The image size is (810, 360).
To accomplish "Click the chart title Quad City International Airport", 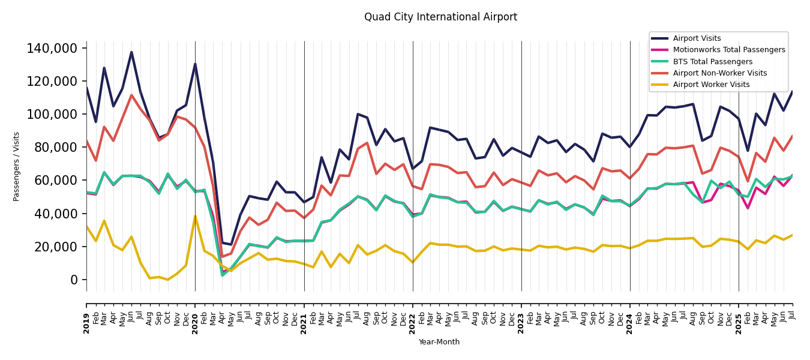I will point(440,17).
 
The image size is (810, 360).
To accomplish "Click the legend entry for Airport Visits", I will point(697,38).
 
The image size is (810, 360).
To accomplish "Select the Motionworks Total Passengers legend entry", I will point(728,50).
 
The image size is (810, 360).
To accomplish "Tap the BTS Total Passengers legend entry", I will point(712,62).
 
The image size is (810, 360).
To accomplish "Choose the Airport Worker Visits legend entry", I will point(711,85).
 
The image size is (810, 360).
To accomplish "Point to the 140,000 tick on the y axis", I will point(53,48).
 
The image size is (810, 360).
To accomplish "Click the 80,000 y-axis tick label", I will point(56,147).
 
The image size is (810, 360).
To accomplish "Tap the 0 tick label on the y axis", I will point(74,280).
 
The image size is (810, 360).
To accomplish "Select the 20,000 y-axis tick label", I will point(56,247).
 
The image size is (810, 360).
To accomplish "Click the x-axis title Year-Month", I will point(439,342).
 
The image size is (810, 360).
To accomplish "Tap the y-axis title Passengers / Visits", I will point(17,166).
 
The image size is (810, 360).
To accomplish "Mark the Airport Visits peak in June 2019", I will point(131,52).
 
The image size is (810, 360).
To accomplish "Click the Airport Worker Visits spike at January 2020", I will point(195,216).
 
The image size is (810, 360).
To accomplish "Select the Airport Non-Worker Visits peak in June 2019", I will point(131,95).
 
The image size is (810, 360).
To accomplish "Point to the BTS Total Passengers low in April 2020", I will point(223,275).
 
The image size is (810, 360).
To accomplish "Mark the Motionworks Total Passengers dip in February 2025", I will point(748,208).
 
